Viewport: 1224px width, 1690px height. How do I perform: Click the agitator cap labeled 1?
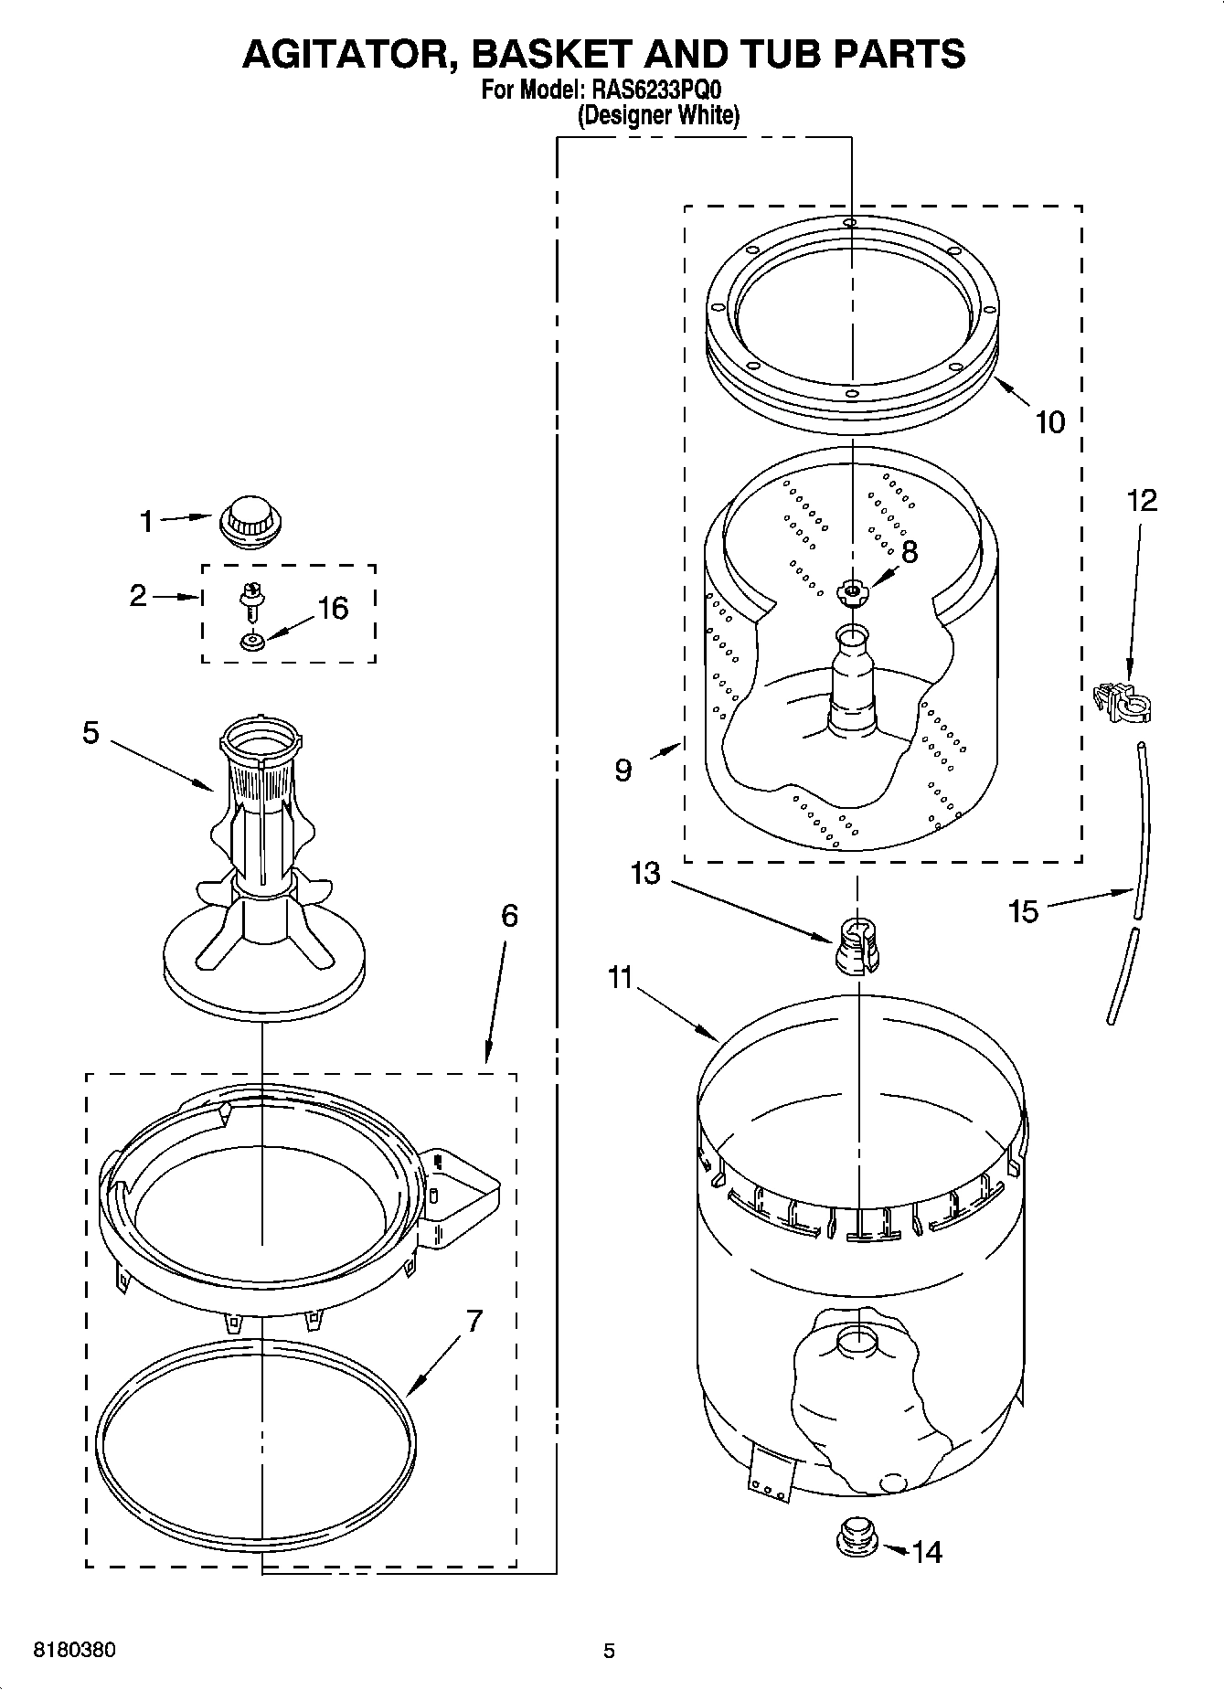pyautogui.click(x=250, y=522)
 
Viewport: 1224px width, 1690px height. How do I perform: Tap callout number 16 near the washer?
pyautogui.click(x=333, y=608)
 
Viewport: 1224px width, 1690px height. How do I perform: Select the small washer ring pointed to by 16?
pyautogui.click(x=252, y=643)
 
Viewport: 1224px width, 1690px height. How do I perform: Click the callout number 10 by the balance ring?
pyautogui.click(x=1050, y=422)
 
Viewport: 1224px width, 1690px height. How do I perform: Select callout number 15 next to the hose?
pyautogui.click(x=1024, y=911)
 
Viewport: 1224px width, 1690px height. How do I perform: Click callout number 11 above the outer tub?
pyautogui.click(x=621, y=978)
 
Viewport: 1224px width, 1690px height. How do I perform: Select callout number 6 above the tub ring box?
pyautogui.click(x=509, y=915)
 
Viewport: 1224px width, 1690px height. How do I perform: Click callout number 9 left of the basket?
pyautogui.click(x=623, y=771)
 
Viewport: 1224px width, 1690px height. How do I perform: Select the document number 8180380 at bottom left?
pyautogui.click(x=74, y=1651)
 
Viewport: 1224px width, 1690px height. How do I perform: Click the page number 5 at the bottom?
pyautogui.click(x=609, y=1651)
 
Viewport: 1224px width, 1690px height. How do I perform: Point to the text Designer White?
pyautogui.click(x=658, y=116)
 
